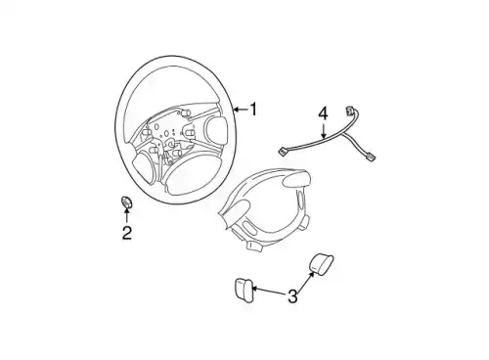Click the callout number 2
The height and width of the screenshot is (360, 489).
(x=127, y=233)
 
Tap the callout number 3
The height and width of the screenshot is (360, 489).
(x=292, y=295)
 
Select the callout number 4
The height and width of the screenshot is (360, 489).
(x=323, y=113)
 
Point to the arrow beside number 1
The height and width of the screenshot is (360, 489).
(x=241, y=110)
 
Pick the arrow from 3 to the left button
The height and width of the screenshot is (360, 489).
(x=269, y=291)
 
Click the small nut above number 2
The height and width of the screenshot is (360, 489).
(x=126, y=202)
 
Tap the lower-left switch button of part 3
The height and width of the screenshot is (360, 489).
(x=244, y=291)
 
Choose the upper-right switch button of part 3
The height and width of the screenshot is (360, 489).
(x=321, y=263)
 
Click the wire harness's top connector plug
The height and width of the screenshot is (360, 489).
(x=350, y=111)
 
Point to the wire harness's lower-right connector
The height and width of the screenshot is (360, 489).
(x=370, y=157)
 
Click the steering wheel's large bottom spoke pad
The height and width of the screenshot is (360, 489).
(x=185, y=178)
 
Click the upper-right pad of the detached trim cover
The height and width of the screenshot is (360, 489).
(x=296, y=179)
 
